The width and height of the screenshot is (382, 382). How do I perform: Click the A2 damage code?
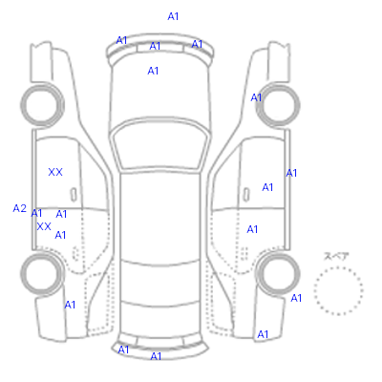[19, 208]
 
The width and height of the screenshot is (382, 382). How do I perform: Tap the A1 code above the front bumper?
[173, 16]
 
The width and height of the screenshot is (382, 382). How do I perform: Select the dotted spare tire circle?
[338, 291]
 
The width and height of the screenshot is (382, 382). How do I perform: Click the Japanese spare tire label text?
[336, 256]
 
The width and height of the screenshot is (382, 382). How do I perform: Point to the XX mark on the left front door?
[55, 172]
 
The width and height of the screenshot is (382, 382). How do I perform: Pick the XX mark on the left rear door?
[44, 226]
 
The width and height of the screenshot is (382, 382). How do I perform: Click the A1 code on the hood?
[153, 71]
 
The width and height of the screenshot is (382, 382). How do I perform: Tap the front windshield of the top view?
[160, 145]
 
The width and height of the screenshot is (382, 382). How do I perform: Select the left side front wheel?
[42, 105]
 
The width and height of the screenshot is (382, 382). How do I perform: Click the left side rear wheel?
[42, 274]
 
